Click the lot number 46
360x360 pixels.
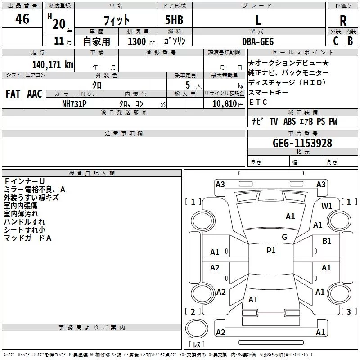[22, 19]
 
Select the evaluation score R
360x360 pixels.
[343, 21]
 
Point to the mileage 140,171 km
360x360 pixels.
[53, 64]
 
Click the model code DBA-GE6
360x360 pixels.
[258, 41]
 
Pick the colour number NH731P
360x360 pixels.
[75, 103]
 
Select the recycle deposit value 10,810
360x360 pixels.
[223, 103]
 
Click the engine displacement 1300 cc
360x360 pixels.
[140, 41]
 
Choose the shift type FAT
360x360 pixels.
[13, 94]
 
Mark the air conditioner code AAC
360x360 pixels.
[35, 94]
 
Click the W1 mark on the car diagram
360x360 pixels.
[327, 206]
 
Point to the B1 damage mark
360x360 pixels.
[327, 241]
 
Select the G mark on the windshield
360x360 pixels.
[284, 237]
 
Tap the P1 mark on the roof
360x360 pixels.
[271, 251]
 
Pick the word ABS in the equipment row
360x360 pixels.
[290, 121]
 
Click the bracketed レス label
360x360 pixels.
[196, 345]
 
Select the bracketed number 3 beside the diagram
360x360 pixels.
[348, 311]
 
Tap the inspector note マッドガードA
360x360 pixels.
[27, 238]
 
